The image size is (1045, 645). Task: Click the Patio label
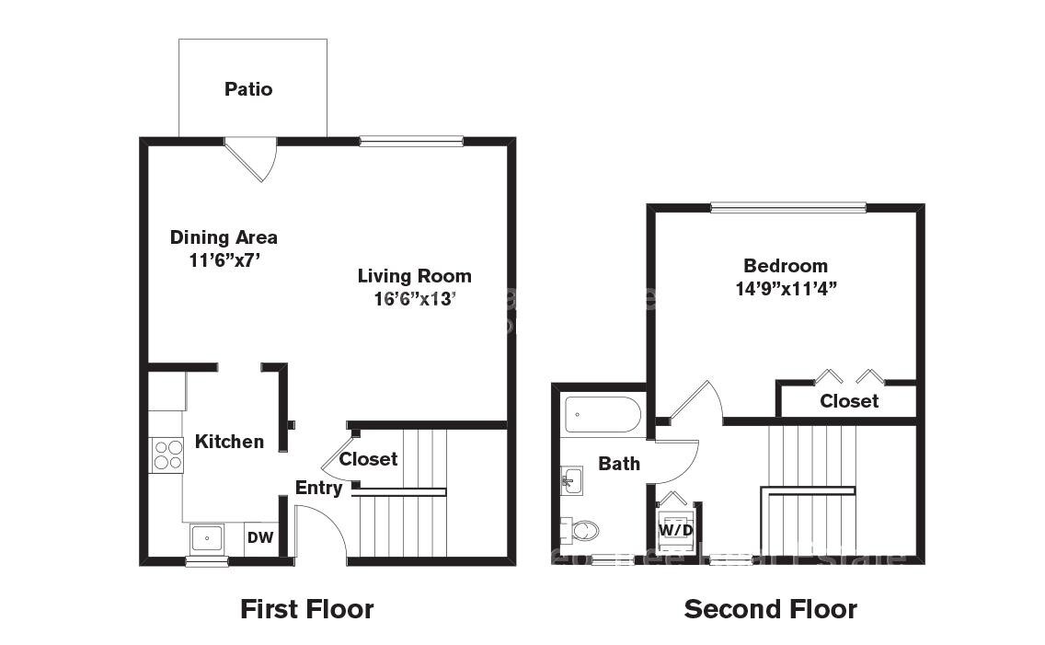pos(248,89)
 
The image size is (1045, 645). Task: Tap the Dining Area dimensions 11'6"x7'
pos(224,259)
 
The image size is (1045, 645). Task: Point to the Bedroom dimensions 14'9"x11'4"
pos(785,288)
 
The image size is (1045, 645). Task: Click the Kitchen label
pos(229,442)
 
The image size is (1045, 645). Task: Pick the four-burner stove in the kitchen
pos(167,455)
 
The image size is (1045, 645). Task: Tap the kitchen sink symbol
pos(206,537)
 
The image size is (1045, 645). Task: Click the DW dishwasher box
pos(260,538)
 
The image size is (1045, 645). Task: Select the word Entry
pos(318,488)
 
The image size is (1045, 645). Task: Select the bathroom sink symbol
pos(571,479)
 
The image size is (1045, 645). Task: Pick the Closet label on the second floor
pos(848,401)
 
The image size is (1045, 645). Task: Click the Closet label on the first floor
pos(368,458)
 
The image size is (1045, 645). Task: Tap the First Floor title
pos(306,609)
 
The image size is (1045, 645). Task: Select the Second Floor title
pos(770,609)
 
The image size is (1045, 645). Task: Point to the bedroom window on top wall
pos(787,208)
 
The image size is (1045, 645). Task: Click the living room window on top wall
pos(410,141)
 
